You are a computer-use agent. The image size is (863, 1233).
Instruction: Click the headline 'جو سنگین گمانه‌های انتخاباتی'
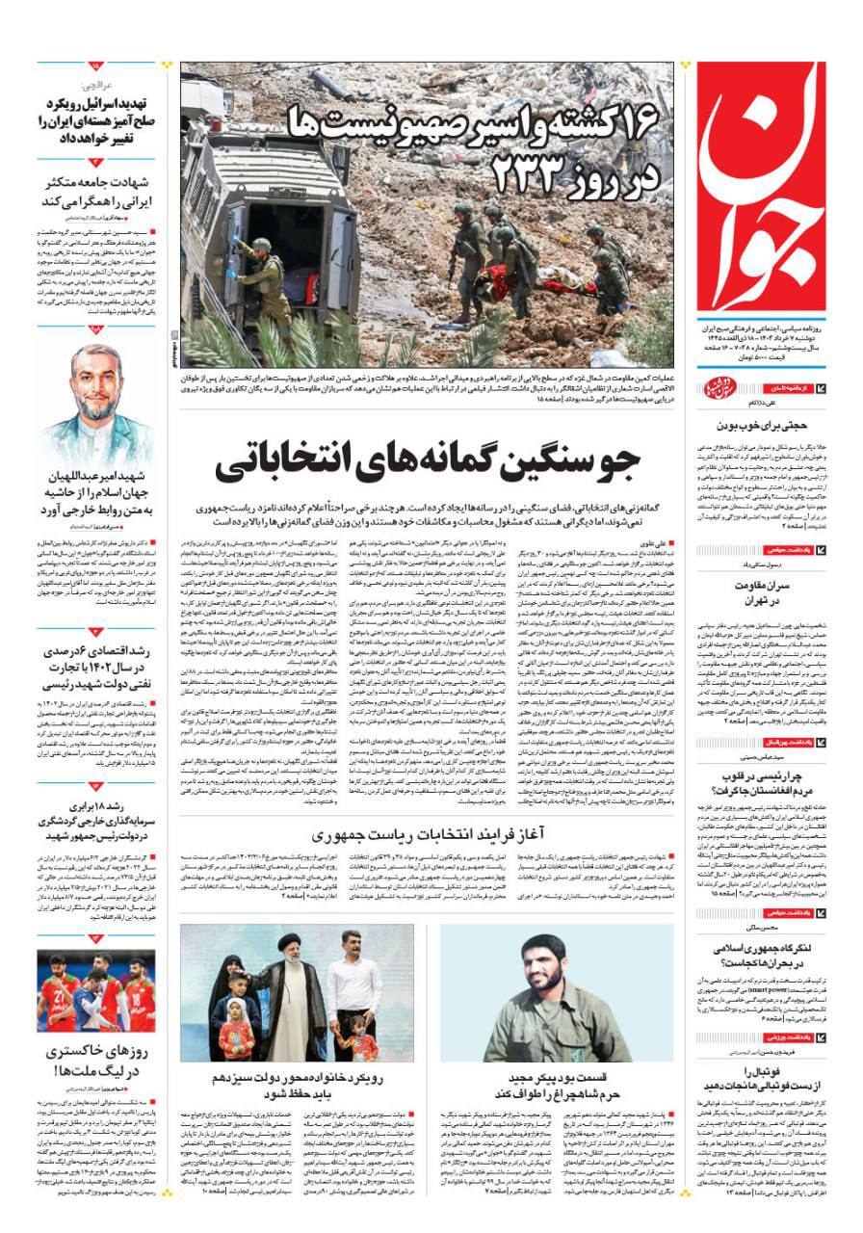426,462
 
